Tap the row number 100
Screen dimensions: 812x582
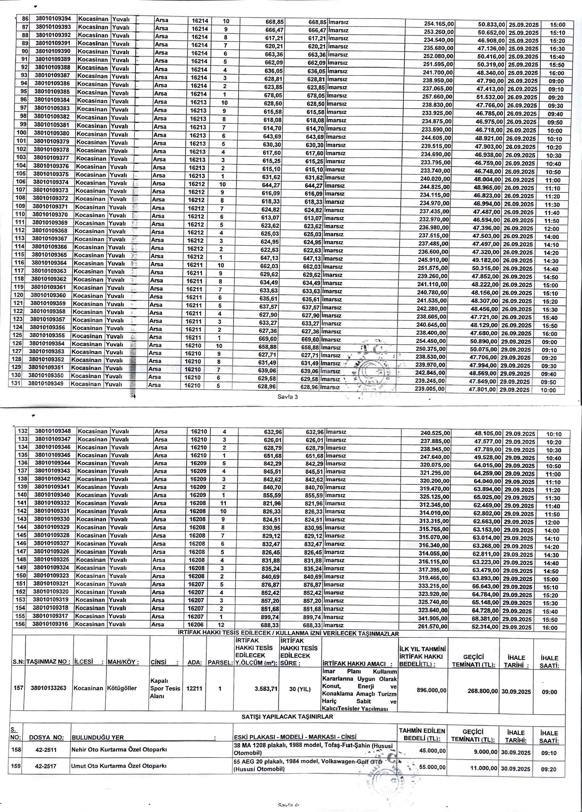[x=22, y=133]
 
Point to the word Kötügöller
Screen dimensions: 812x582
[x=122, y=688]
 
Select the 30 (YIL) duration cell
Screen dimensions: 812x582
[x=300, y=689]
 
